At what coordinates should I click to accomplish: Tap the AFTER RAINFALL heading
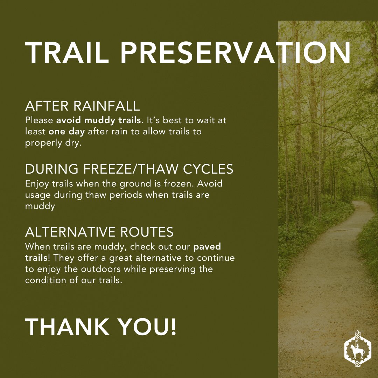(83, 106)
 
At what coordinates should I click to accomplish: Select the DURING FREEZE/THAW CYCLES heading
(129, 169)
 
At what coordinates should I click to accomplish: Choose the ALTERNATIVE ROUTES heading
(99, 232)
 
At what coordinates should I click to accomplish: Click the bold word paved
(207, 246)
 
